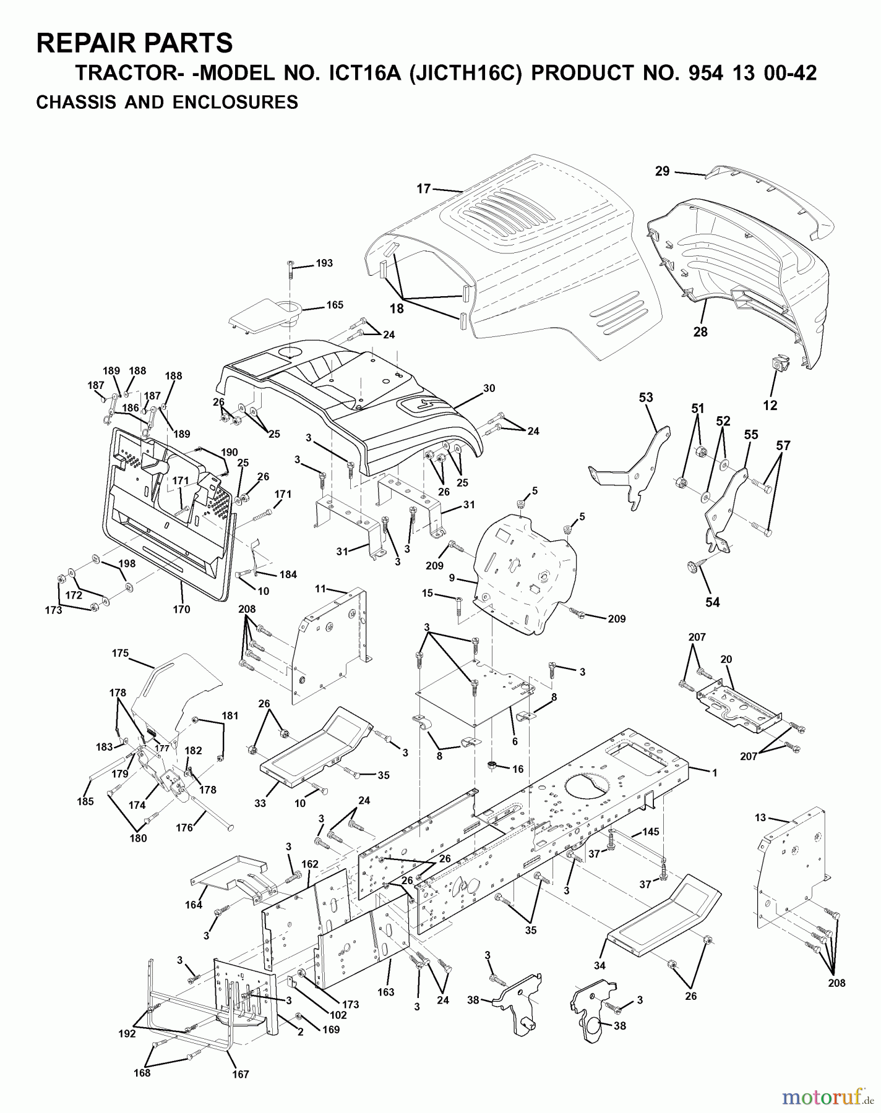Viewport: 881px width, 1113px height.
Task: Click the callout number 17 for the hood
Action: click(423, 189)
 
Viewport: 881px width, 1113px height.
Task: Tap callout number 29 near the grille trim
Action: click(662, 171)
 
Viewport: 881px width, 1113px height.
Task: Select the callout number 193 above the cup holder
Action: click(324, 263)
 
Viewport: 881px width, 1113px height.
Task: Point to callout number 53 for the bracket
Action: click(646, 397)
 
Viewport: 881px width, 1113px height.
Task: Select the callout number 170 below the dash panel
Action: click(181, 609)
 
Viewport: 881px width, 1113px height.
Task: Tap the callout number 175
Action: click(120, 653)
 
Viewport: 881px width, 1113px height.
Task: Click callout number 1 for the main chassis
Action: click(715, 772)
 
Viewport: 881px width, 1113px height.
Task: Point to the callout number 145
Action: click(651, 832)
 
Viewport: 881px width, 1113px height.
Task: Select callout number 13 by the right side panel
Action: click(760, 817)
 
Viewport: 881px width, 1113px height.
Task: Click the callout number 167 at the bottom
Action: click(240, 1091)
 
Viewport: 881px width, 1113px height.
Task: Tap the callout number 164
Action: click(194, 905)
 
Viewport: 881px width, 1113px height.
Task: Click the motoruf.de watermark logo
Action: click(825, 1097)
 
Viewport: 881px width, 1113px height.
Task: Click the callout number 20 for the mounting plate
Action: click(726, 659)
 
